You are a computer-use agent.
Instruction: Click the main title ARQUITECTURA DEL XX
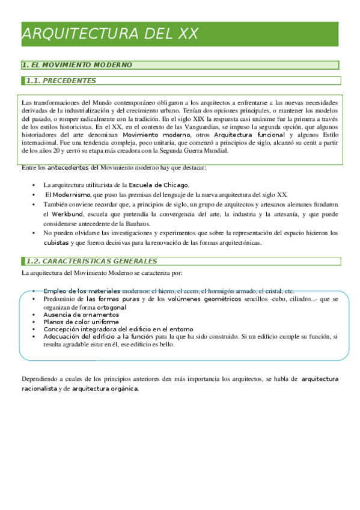tap(110, 34)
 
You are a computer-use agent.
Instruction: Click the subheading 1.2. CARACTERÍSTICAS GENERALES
tap(91, 261)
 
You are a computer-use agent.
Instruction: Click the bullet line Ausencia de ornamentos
tap(81, 315)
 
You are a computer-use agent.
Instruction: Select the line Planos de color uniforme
tap(81, 322)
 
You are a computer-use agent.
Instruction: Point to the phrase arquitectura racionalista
tap(319, 379)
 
